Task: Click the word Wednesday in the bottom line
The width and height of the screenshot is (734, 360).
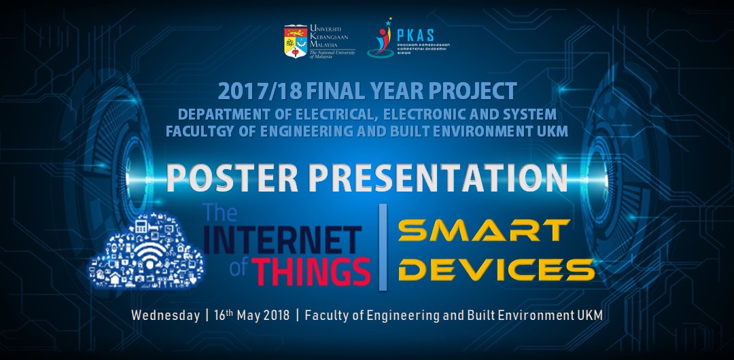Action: [x=162, y=316]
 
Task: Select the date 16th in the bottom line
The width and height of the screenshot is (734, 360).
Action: [x=225, y=316]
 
